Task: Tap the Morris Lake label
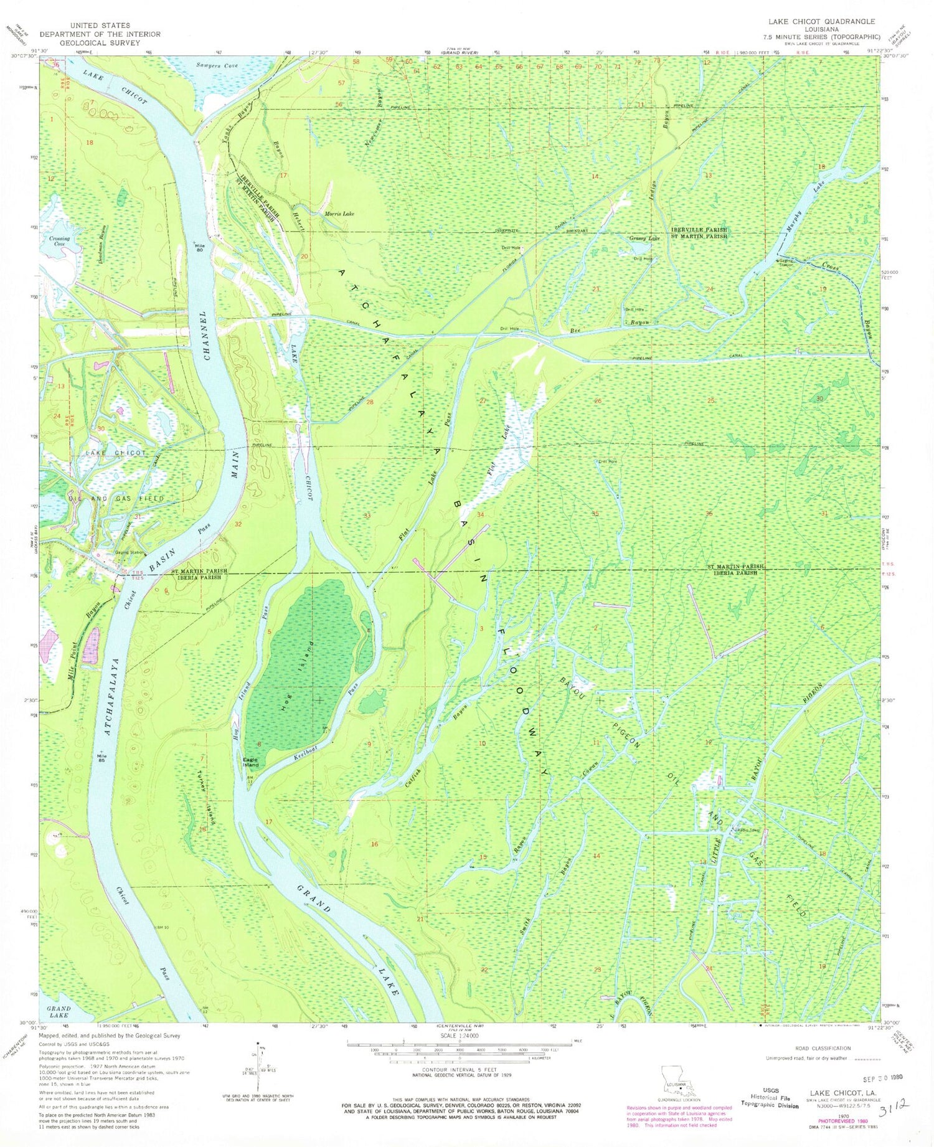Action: tap(339, 214)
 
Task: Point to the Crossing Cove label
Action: tap(60, 241)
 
